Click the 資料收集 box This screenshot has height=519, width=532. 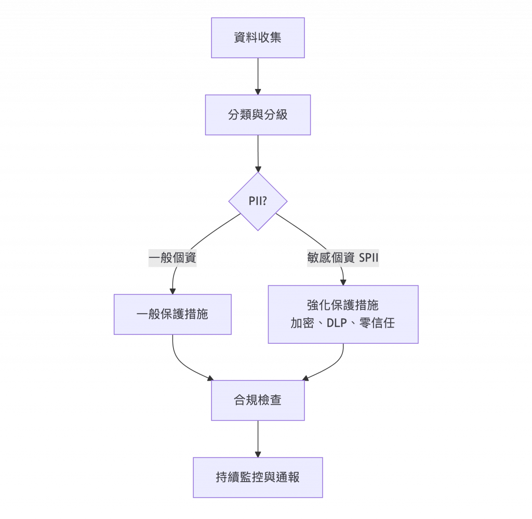(x=258, y=37)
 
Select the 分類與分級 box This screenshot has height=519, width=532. (x=258, y=115)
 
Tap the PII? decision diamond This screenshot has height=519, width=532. (x=258, y=201)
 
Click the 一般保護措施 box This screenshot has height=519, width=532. (x=172, y=314)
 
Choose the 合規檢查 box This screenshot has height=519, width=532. (x=258, y=400)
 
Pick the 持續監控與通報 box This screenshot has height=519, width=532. (x=258, y=477)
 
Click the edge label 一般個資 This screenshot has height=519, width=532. (x=172, y=258)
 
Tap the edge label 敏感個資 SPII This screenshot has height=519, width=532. (x=342, y=258)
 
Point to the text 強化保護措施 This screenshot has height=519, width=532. (x=342, y=306)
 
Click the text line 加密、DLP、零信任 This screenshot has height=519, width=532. (x=342, y=323)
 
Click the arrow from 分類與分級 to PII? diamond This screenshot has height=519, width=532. (x=258, y=153)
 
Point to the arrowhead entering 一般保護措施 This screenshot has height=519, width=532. (x=172, y=291)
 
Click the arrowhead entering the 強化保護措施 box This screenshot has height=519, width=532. (x=342, y=282)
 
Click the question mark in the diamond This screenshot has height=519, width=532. (x=264, y=201)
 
